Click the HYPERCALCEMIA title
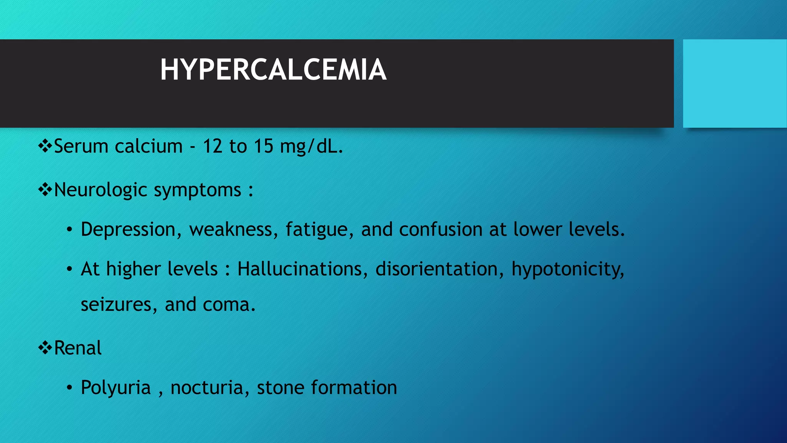(273, 70)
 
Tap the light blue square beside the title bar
(734, 83)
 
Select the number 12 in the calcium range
(213, 147)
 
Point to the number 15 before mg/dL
(263, 147)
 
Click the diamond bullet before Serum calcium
(45, 147)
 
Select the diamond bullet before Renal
(45, 348)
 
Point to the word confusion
(441, 230)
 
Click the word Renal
(78, 348)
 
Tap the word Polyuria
(116, 388)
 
